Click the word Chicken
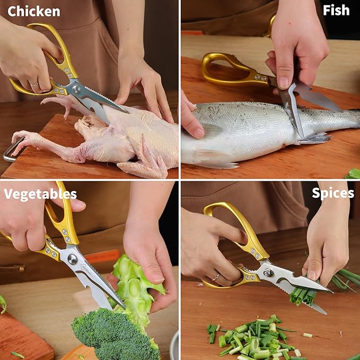point(34,12)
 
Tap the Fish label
point(336,10)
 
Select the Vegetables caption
point(40,195)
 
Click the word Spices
point(333,194)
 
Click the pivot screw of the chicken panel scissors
point(76,89)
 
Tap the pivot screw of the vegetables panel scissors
point(73,259)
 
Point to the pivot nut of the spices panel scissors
point(268,273)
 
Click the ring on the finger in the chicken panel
point(34,85)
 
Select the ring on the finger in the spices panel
point(216,278)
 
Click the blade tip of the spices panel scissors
point(332,292)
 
